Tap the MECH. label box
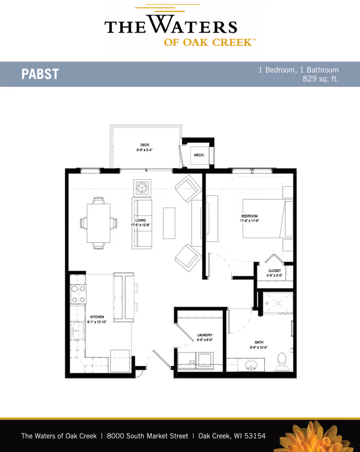199,155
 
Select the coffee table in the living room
169,223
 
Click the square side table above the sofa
142,187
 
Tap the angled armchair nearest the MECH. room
188,188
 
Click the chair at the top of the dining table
99,200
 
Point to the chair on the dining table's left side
83,223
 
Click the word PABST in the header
40,74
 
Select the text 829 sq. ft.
320,79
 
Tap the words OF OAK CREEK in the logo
207,43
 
